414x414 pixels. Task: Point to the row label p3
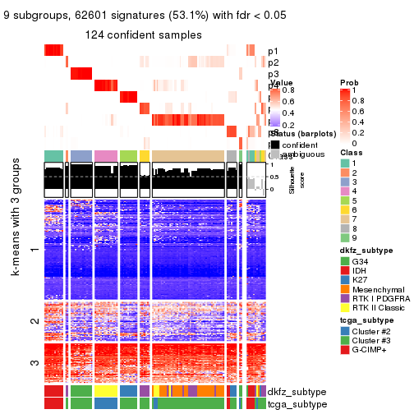274,74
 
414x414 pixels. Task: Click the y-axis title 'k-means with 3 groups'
14,270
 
